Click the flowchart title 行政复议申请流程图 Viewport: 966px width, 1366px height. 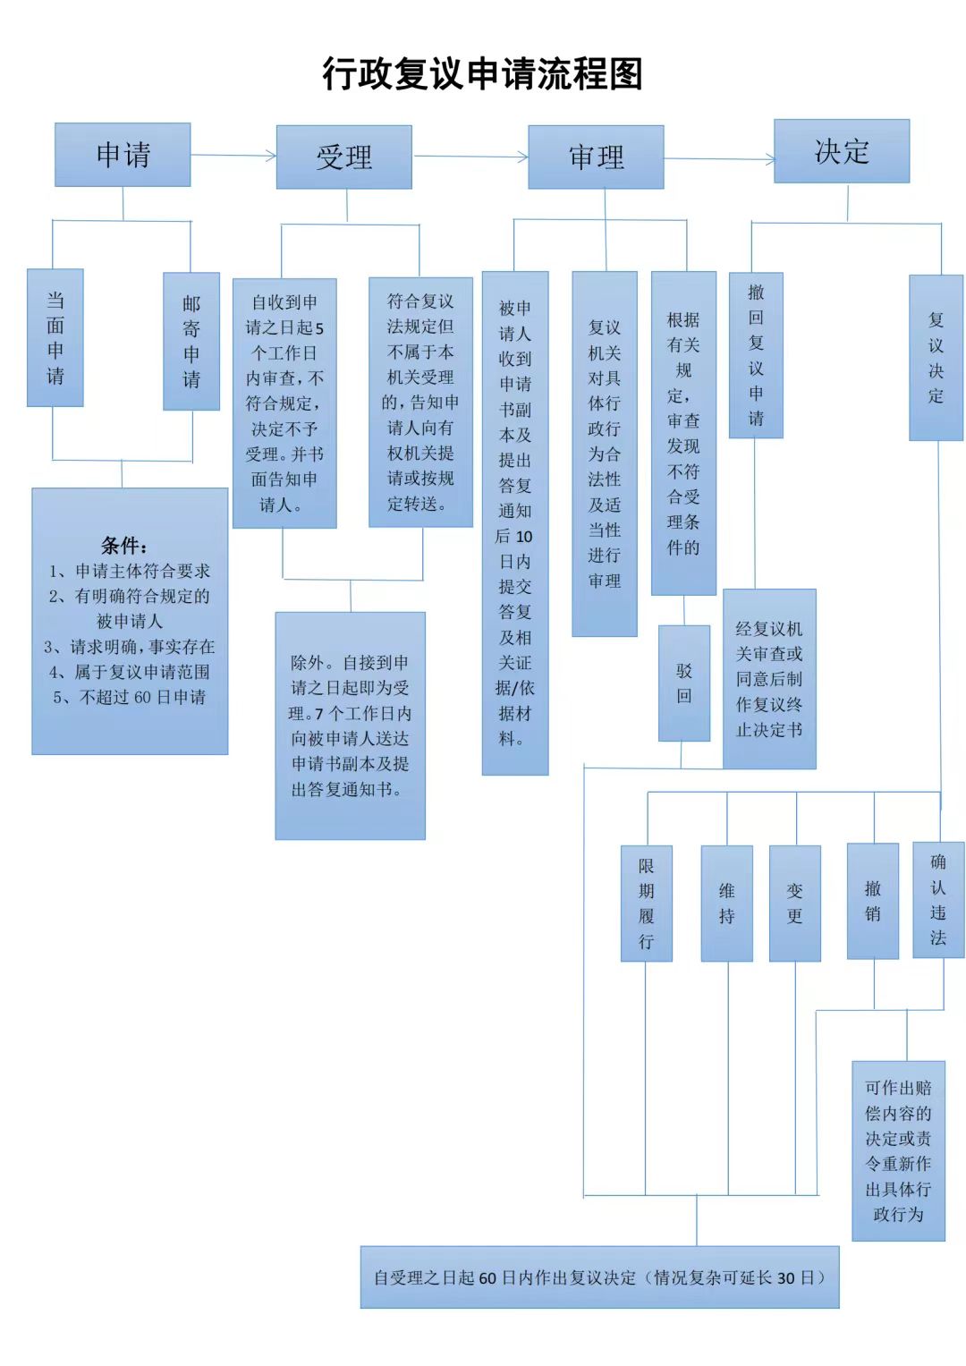(482, 74)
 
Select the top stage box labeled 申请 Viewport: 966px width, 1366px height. (123, 155)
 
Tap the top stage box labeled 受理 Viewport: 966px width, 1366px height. (344, 157)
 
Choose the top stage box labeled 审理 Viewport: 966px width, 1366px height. (596, 157)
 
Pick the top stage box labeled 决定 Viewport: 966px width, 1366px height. (842, 151)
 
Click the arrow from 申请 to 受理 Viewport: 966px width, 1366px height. (233, 156)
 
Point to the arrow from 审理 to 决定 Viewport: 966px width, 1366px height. (720, 159)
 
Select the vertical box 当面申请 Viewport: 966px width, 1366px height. (55, 338)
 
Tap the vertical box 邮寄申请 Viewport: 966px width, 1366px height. (191, 342)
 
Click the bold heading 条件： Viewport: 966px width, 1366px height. (124, 545)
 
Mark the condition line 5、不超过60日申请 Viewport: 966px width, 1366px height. (130, 697)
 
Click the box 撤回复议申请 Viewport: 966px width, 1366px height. (756, 355)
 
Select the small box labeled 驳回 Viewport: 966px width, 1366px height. (684, 683)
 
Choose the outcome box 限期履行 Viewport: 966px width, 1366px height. (647, 904)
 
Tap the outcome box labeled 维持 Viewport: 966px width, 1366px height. (727, 904)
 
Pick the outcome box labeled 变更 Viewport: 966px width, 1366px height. (795, 904)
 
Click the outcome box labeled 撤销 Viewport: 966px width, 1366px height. (873, 902)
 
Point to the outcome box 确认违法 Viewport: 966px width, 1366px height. (938, 900)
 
